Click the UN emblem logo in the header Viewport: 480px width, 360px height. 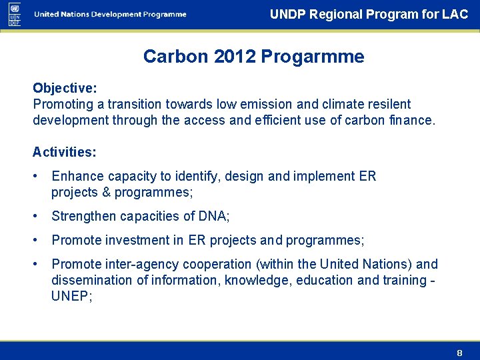tap(15, 14)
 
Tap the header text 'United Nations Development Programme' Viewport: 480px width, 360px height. tap(111, 15)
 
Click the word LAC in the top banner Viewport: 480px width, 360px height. tap(455, 14)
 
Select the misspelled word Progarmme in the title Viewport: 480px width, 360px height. tap(313, 57)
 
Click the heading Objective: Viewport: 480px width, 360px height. tap(65, 88)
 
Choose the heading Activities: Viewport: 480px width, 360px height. tap(65, 152)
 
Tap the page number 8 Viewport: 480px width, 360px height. tap(459, 352)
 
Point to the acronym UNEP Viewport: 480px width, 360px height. tap(70, 296)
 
